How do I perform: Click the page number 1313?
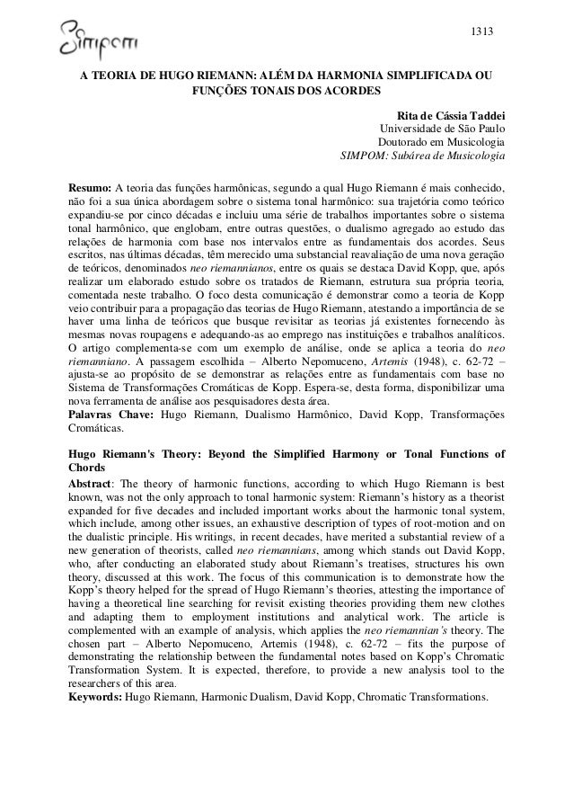pos(483,32)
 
